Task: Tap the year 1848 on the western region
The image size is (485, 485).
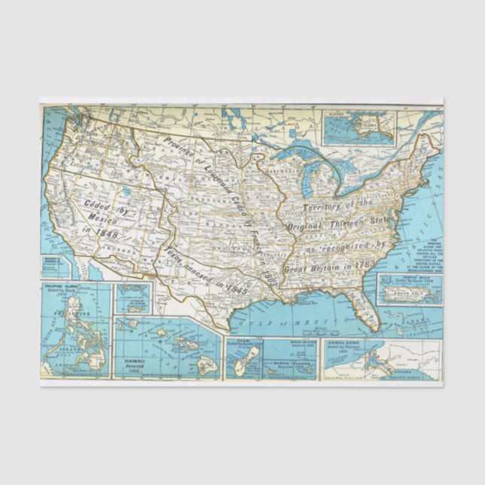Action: coord(102,234)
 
